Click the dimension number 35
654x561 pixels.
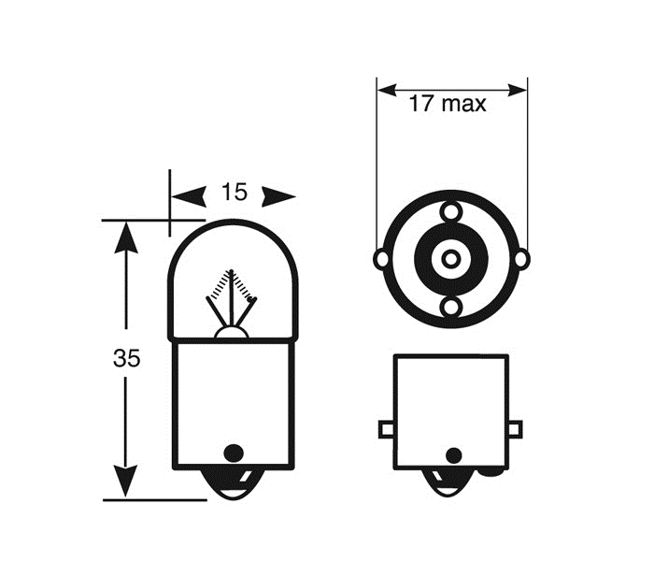tap(127, 358)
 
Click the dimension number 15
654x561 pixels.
tap(234, 193)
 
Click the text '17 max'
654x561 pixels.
tap(448, 104)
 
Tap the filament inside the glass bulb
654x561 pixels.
tap(232, 297)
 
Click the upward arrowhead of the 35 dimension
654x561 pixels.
tap(126, 239)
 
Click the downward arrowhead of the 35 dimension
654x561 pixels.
tap(126, 482)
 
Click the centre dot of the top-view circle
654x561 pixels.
tap(451, 258)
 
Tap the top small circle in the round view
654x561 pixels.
tap(451, 211)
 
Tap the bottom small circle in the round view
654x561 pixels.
tap(451, 307)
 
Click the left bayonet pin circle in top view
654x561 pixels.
tap(381, 258)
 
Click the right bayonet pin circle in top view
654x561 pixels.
tap(521, 258)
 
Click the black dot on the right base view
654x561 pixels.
tap(453, 455)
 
